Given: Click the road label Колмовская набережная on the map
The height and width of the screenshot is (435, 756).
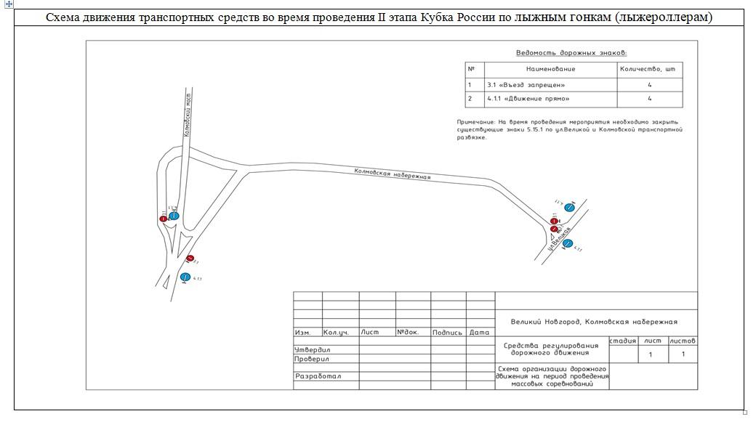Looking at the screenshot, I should tap(393, 174).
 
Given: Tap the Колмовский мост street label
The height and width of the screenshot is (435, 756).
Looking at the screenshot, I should tap(187, 115).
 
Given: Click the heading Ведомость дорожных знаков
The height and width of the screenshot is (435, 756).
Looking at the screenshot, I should tap(571, 53).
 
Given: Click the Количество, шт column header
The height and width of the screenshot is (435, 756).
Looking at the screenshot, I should tap(649, 69).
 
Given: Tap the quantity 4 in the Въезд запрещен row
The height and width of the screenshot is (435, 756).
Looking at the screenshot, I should tap(649, 84).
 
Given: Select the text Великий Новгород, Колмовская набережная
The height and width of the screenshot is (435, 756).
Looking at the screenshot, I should tap(594, 322).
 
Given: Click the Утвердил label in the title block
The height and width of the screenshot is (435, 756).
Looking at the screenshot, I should tap(313, 350).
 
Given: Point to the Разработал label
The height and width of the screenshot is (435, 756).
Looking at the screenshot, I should tap(318, 376).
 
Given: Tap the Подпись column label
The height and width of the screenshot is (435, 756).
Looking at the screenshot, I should tap(447, 333).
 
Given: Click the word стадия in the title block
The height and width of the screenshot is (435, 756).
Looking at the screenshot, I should tap(623, 341).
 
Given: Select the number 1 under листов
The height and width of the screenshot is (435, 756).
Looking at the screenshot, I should tap(683, 354).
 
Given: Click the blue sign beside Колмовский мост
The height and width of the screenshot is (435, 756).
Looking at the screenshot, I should tap(174, 216).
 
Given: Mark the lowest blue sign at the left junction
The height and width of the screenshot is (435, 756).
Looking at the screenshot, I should tap(185, 277).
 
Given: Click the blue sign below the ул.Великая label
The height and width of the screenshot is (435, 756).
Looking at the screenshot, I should tap(568, 243).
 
